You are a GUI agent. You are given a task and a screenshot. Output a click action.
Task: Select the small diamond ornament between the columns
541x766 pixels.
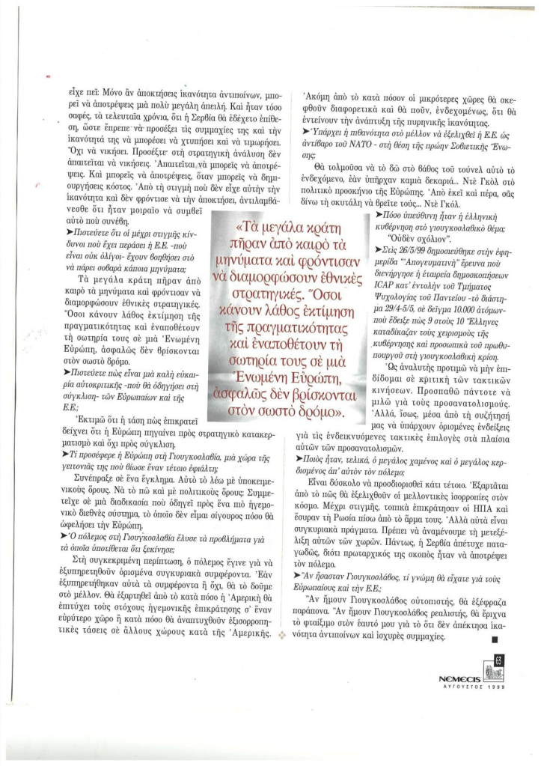click(281, 635)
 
